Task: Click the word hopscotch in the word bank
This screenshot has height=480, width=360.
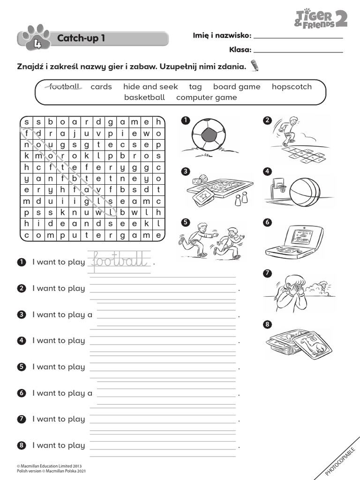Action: pyautogui.click(x=292, y=87)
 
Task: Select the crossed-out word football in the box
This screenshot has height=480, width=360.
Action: pyautogui.click(x=65, y=87)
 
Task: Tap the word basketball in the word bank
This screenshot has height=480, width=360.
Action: pyautogui.click(x=144, y=97)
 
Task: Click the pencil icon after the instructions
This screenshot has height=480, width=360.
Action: pyautogui.click(x=255, y=66)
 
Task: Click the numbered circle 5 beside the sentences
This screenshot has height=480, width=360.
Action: pyautogui.click(x=21, y=367)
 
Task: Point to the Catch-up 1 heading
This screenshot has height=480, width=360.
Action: pyautogui.click(x=81, y=38)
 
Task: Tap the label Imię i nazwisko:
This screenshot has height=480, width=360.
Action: pyautogui.click(x=222, y=36)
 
